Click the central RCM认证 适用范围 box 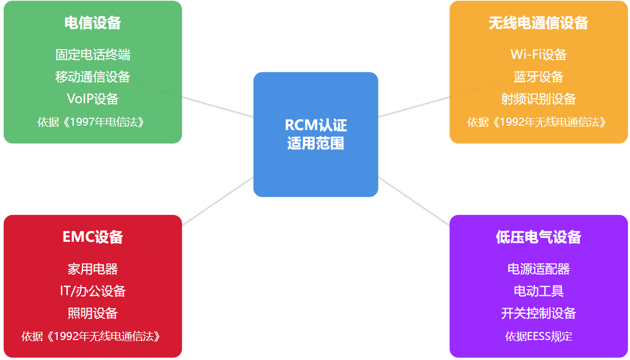pos(316,134)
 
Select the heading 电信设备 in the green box pos(93,23)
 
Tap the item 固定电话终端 pos(93,55)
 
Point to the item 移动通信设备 pos(93,77)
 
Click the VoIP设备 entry pos(93,99)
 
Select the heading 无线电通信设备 pos(538,23)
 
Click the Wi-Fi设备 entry pos(538,55)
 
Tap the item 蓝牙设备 pos(538,77)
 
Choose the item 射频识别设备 pos(538,99)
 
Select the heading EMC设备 pos(93,237)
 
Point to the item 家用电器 pos(93,269)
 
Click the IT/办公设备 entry pos(93,291)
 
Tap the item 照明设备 pos(93,313)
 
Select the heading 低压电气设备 pos(538,237)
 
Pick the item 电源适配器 pos(538,269)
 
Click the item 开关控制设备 pos(538,313)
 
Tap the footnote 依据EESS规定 pos(538,336)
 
